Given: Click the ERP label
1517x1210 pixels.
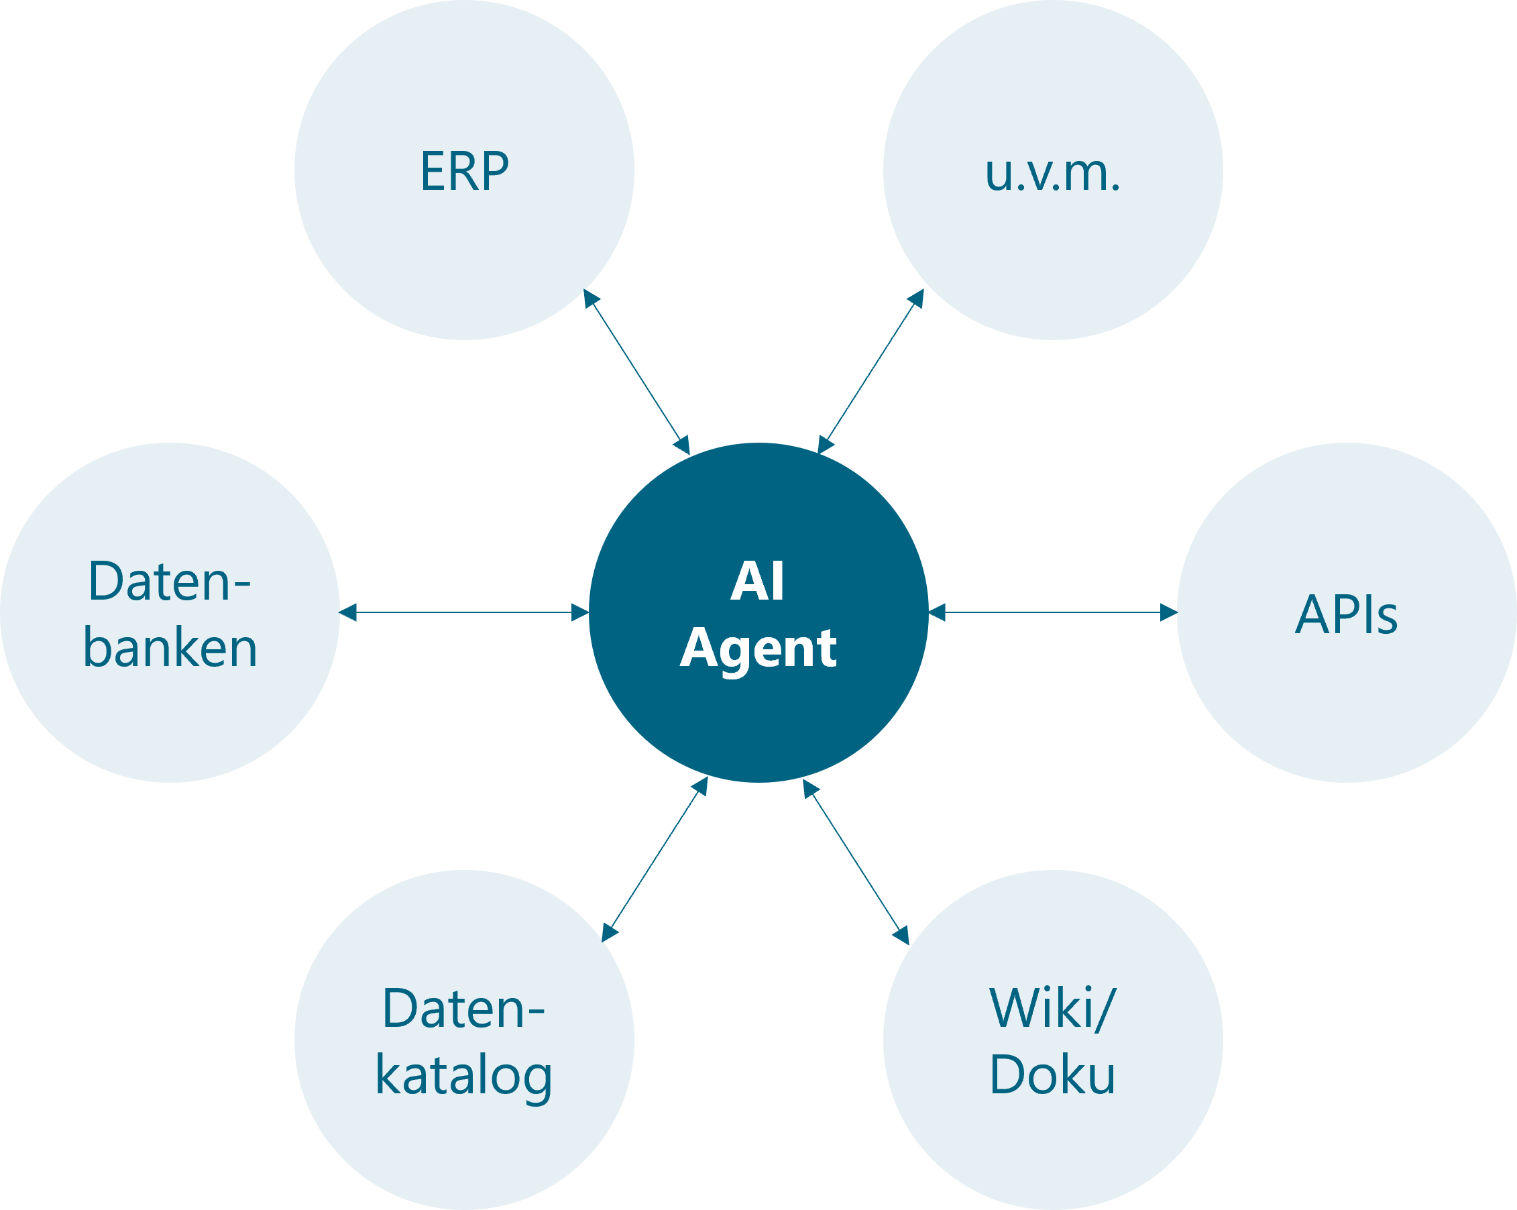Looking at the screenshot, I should pyautogui.click(x=464, y=171).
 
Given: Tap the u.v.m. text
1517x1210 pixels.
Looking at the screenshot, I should pyautogui.click(x=1053, y=173).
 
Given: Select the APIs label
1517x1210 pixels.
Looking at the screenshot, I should pyautogui.click(x=1346, y=614).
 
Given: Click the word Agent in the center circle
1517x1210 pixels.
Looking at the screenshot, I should pyautogui.click(x=758, y=649).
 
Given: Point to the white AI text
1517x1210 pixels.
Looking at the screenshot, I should pyautogui.click(x=757, y=582).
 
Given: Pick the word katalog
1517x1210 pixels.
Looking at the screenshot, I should pyautogui.click(x=463, y=1076).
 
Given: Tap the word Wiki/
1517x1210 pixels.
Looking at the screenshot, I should pyautogui.click(x=1053, y=1009).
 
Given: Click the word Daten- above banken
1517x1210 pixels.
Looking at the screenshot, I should pyautogui.click(x=170, y=582).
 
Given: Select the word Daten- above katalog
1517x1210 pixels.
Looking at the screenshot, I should pyautogui.click(x=463, y=1009).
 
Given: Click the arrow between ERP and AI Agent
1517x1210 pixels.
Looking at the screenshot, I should pyautogui.click(x=636, y=372).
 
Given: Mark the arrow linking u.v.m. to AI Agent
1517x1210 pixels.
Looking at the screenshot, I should pyautogui.click(x=870, y=371).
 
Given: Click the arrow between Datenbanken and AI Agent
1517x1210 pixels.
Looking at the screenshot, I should pyautogui.click(x=464, y=612).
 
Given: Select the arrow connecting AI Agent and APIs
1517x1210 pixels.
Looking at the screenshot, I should pyautogui.click(x=1053, y=612).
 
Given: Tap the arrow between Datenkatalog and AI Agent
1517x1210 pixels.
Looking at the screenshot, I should pyautogui.click(x=655, y=859).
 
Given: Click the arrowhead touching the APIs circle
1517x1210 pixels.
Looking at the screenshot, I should pyautogui.click(x=1168, y=612).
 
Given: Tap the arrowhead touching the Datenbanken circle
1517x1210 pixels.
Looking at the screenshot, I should pyautogui.click(x=348, y=612).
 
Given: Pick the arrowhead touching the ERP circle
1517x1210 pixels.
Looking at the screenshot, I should pyautogui.click(x=590, y=298).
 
